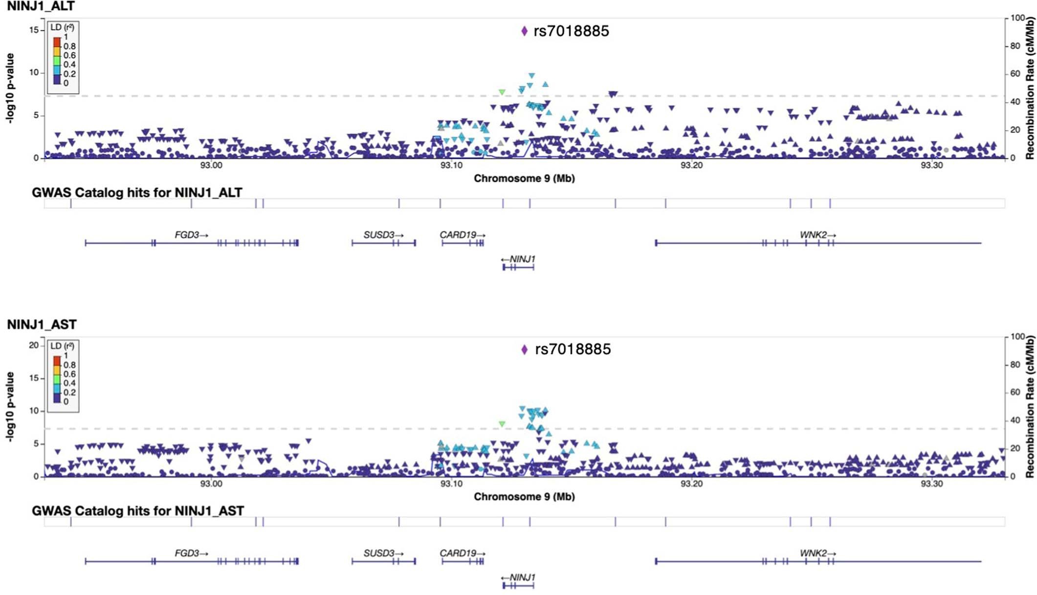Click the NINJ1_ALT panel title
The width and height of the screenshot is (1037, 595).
pos(41,6)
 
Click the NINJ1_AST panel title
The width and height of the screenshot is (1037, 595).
pos(42,325)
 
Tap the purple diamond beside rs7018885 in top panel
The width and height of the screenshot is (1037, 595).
pos(524,31)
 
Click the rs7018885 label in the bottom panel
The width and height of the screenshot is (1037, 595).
pos(573,349)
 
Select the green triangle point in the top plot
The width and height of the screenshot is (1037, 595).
pos(502,92)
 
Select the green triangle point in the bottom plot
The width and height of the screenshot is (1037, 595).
pos(502,424)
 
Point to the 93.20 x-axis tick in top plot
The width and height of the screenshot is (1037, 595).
pos(691,166)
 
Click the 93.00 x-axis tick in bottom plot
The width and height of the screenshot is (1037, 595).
pos(211,484)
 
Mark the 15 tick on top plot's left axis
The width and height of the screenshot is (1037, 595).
pos(33,30)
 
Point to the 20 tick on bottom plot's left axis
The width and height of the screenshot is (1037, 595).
pos(33,345)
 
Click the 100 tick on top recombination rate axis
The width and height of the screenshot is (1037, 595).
pos(1017,18)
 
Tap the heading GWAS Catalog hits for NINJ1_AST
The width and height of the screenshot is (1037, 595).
pos(137,511)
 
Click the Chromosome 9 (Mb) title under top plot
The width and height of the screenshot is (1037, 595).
pos(524,178)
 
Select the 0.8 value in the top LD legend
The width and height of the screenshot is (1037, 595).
pos(69,46)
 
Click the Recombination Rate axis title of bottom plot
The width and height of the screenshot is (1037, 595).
pos(1030,407)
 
